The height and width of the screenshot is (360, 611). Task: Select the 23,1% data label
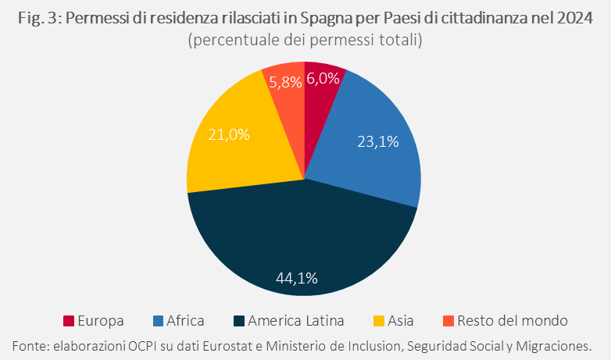point(378,141)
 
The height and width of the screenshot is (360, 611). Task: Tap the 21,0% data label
point(229,134)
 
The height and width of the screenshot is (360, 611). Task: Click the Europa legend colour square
point(69,321)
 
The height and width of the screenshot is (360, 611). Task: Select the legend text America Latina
point(296,321)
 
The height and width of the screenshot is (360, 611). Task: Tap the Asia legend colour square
point(379,321)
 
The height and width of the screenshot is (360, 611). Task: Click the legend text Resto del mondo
point(513,321)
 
